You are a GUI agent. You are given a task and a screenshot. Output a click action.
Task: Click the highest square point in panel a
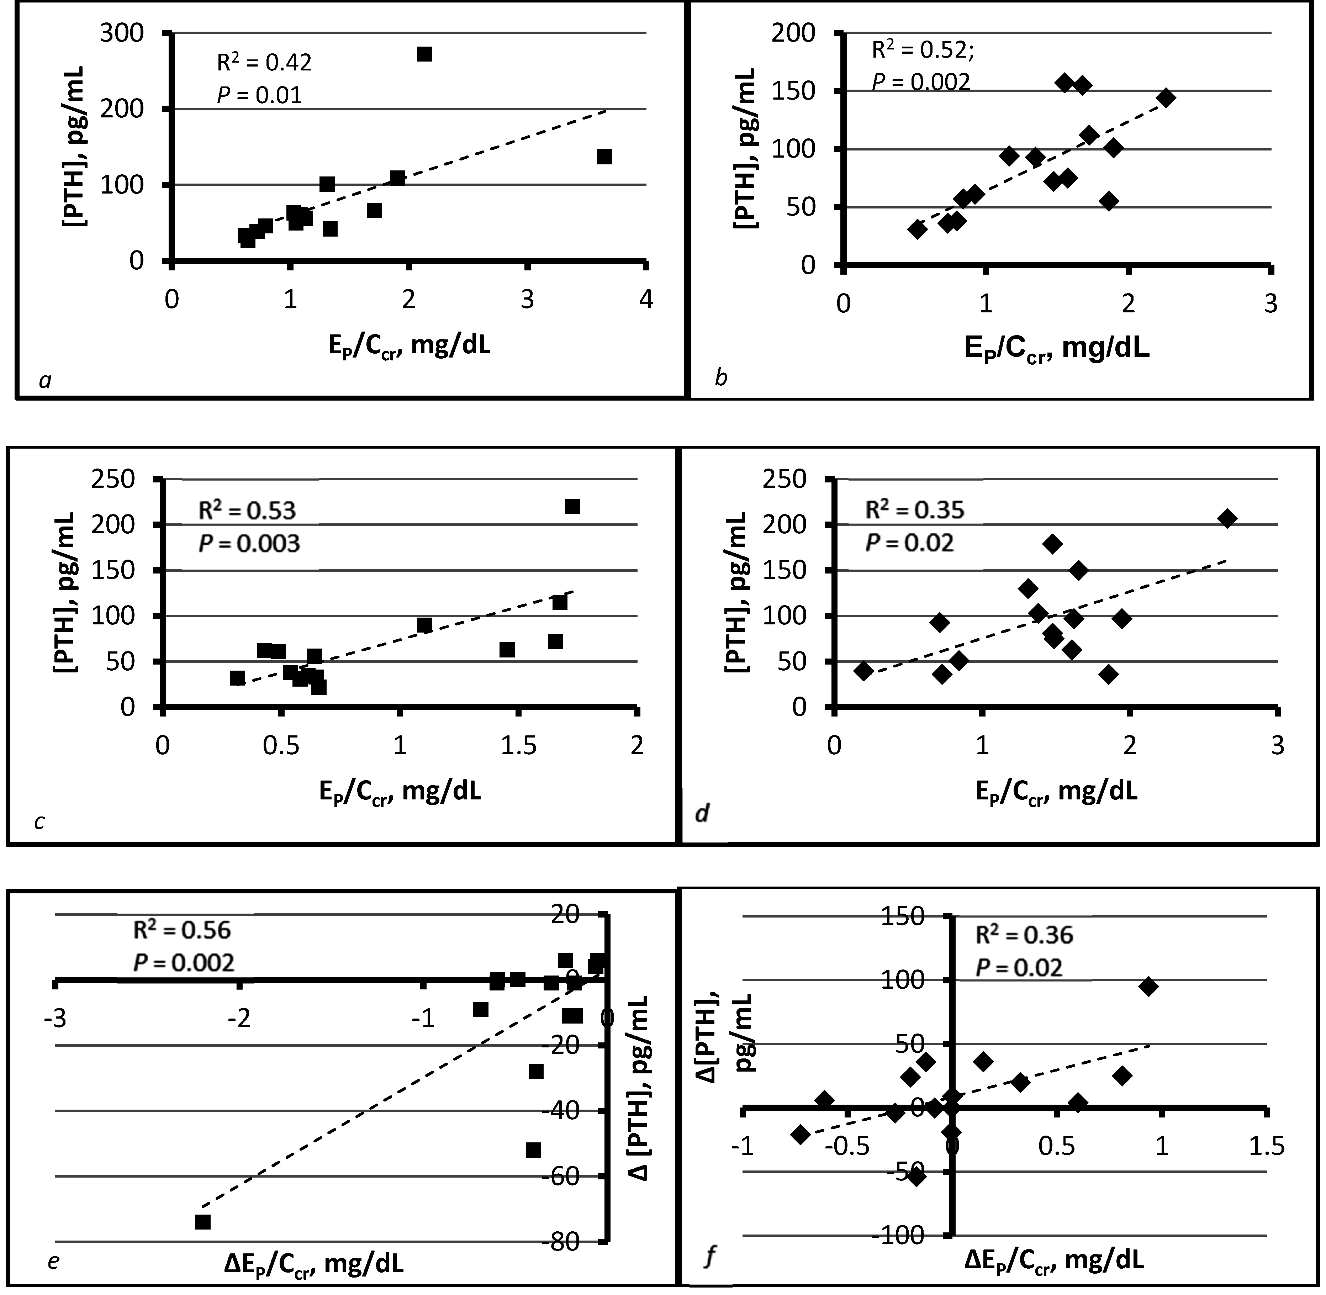[x=424, y=54]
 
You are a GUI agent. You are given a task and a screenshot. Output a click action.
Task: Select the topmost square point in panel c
[x=572, y=507]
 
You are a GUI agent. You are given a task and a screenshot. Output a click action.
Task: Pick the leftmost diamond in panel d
[x=863, y=671]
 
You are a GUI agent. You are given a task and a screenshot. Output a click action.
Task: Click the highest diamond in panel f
[x=1148, y=987]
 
